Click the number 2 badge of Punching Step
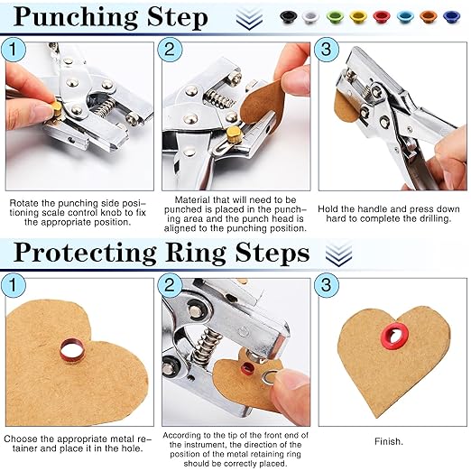pos(172,51)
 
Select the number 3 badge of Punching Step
pos(329,51)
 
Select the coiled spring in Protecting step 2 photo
pos(209,346)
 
